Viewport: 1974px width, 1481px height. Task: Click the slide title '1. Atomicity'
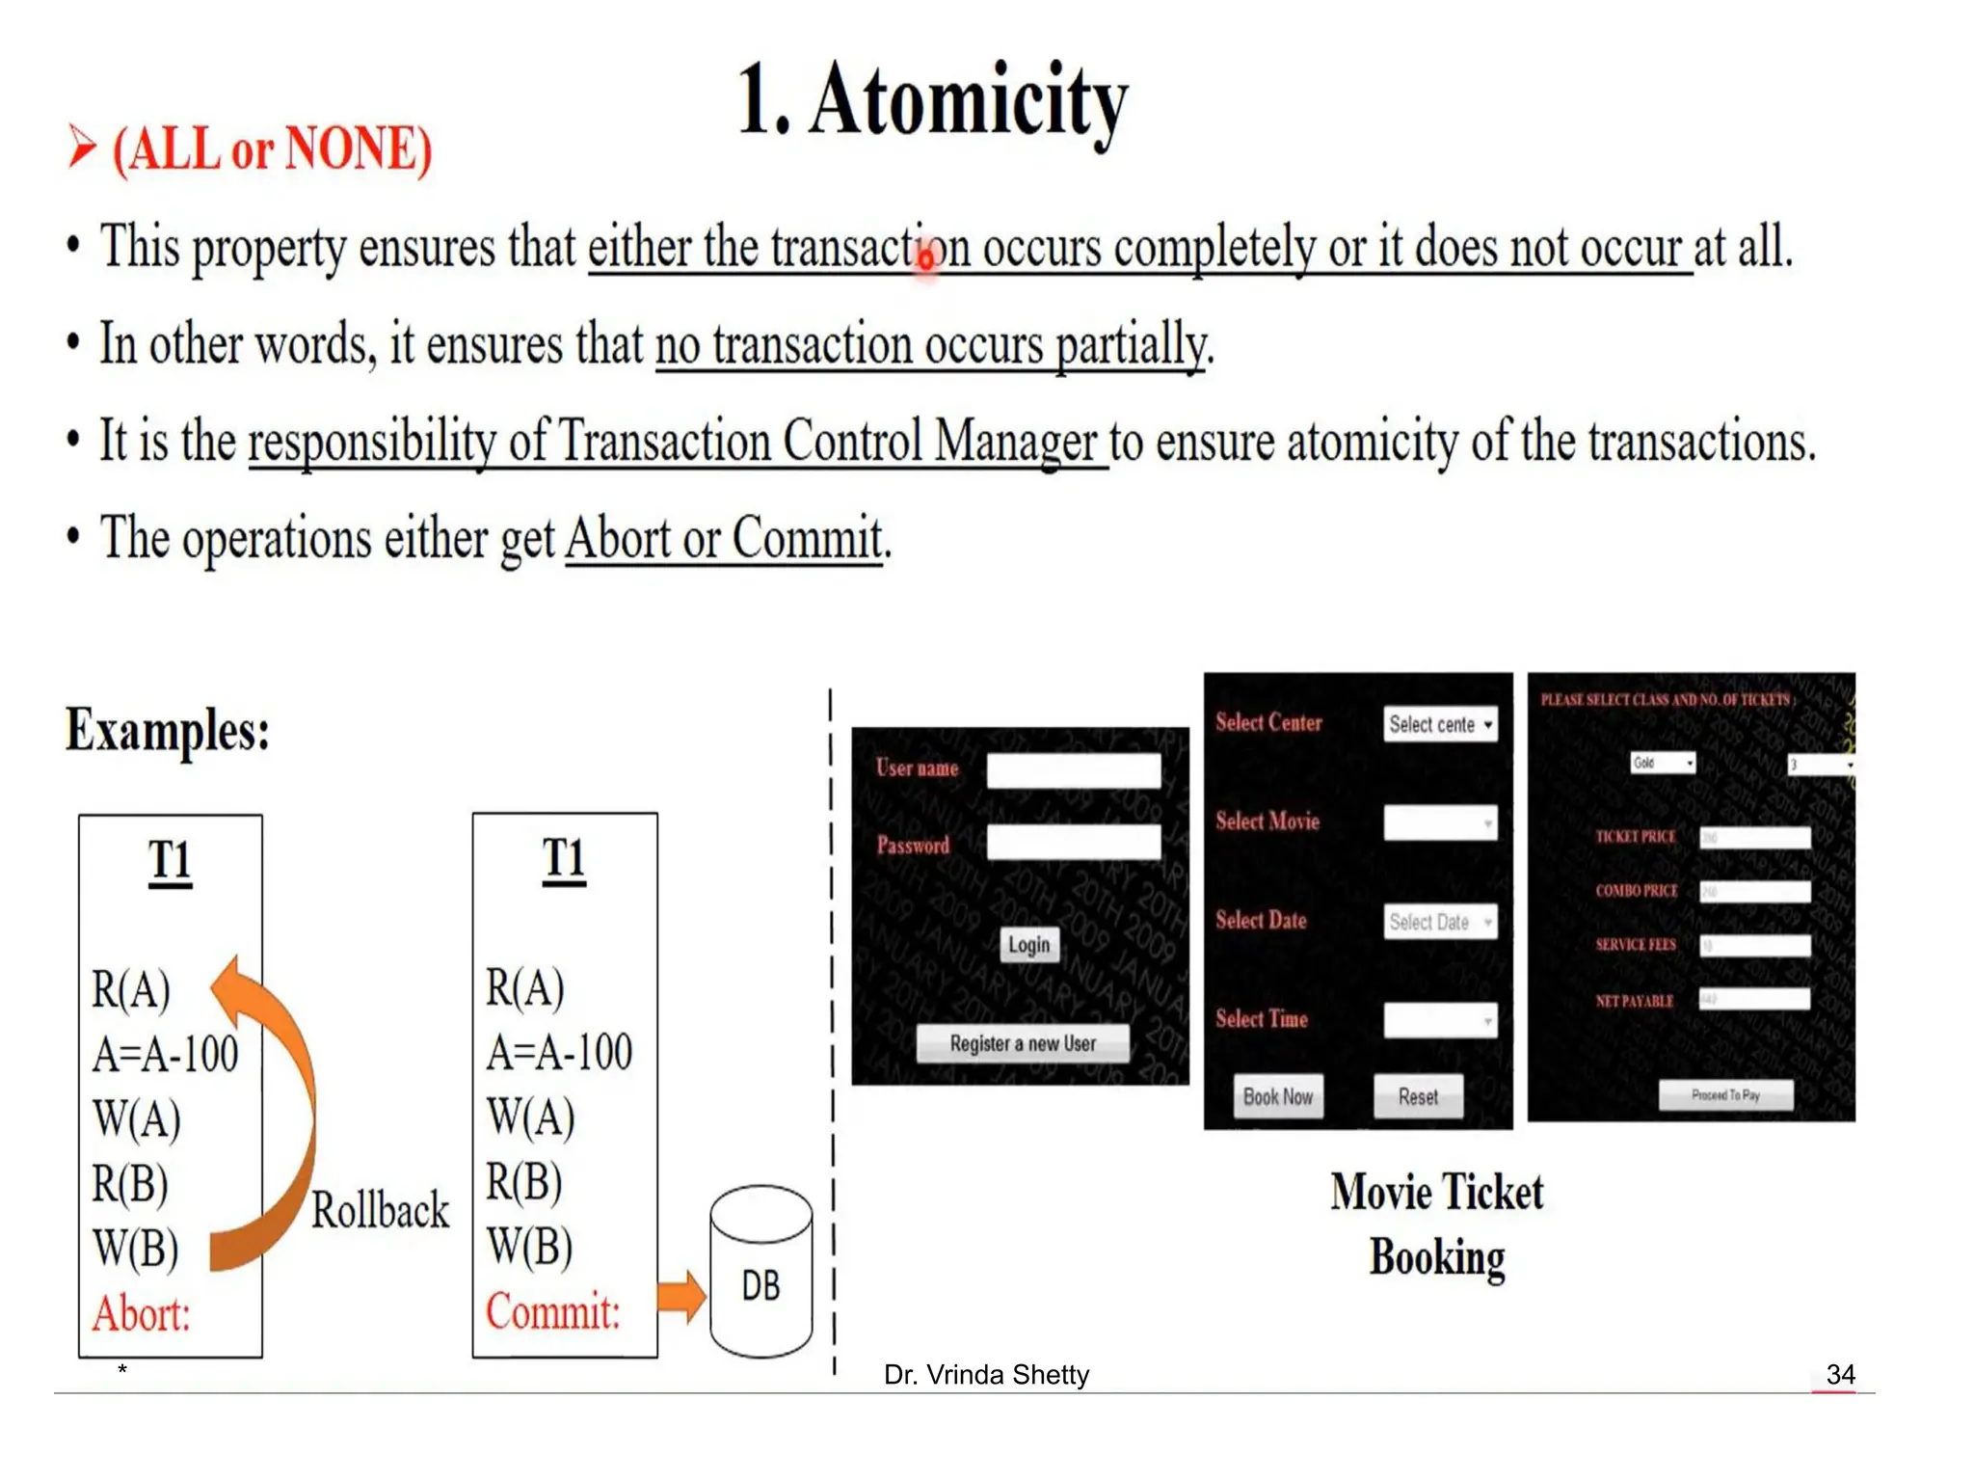coord(932,101)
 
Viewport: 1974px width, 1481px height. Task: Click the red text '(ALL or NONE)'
coord(272,149)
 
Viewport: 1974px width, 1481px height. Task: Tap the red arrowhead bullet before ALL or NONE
coord(82,148)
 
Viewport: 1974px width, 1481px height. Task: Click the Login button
coord(1028,944)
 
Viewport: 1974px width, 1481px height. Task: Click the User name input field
coord(1073,770)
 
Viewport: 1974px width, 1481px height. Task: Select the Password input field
coord(1073,842)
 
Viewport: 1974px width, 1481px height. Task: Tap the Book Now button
coord(1277,1096)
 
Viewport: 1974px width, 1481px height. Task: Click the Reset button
coord(1417,1096)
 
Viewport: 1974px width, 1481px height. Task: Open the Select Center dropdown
coord(1440,724)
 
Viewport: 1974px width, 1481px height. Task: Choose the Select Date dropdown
coord(1440,922)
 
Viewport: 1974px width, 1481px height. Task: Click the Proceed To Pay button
coord(1724,1094)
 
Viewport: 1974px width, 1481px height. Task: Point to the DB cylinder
coord(760,1273)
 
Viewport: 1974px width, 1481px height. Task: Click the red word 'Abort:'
coord(142,1313)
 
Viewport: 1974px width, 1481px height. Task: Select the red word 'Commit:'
coord(552,1311)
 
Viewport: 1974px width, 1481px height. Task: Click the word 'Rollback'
coord(380,1210)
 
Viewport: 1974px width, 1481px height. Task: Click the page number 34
coord(1840,1374)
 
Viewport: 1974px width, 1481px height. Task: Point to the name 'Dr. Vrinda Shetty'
coord(986,1374)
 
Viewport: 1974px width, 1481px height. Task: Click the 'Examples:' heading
coord(168,730)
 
